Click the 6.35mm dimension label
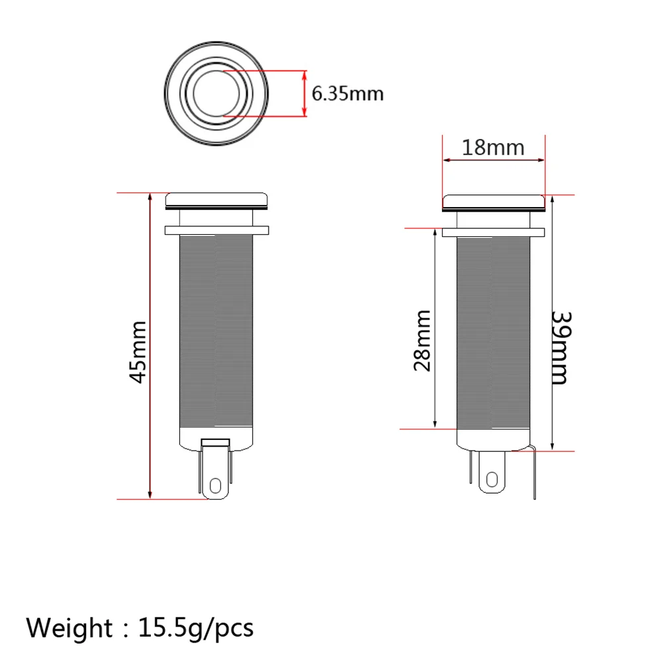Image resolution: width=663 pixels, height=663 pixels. (347, 93)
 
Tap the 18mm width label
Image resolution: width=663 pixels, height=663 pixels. (493, 148)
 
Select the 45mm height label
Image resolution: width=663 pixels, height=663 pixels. (138, 352)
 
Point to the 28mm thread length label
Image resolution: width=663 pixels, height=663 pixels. (422, 341)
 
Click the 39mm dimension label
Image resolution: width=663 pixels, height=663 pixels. (562, 348)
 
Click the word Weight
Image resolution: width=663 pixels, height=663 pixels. (69, 628)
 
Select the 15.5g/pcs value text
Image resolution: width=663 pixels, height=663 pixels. (196, 629)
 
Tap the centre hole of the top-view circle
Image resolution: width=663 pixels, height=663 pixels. (216, 93)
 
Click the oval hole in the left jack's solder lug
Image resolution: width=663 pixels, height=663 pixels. (215, 486)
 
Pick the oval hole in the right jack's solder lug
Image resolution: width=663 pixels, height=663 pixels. (492, 480)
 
